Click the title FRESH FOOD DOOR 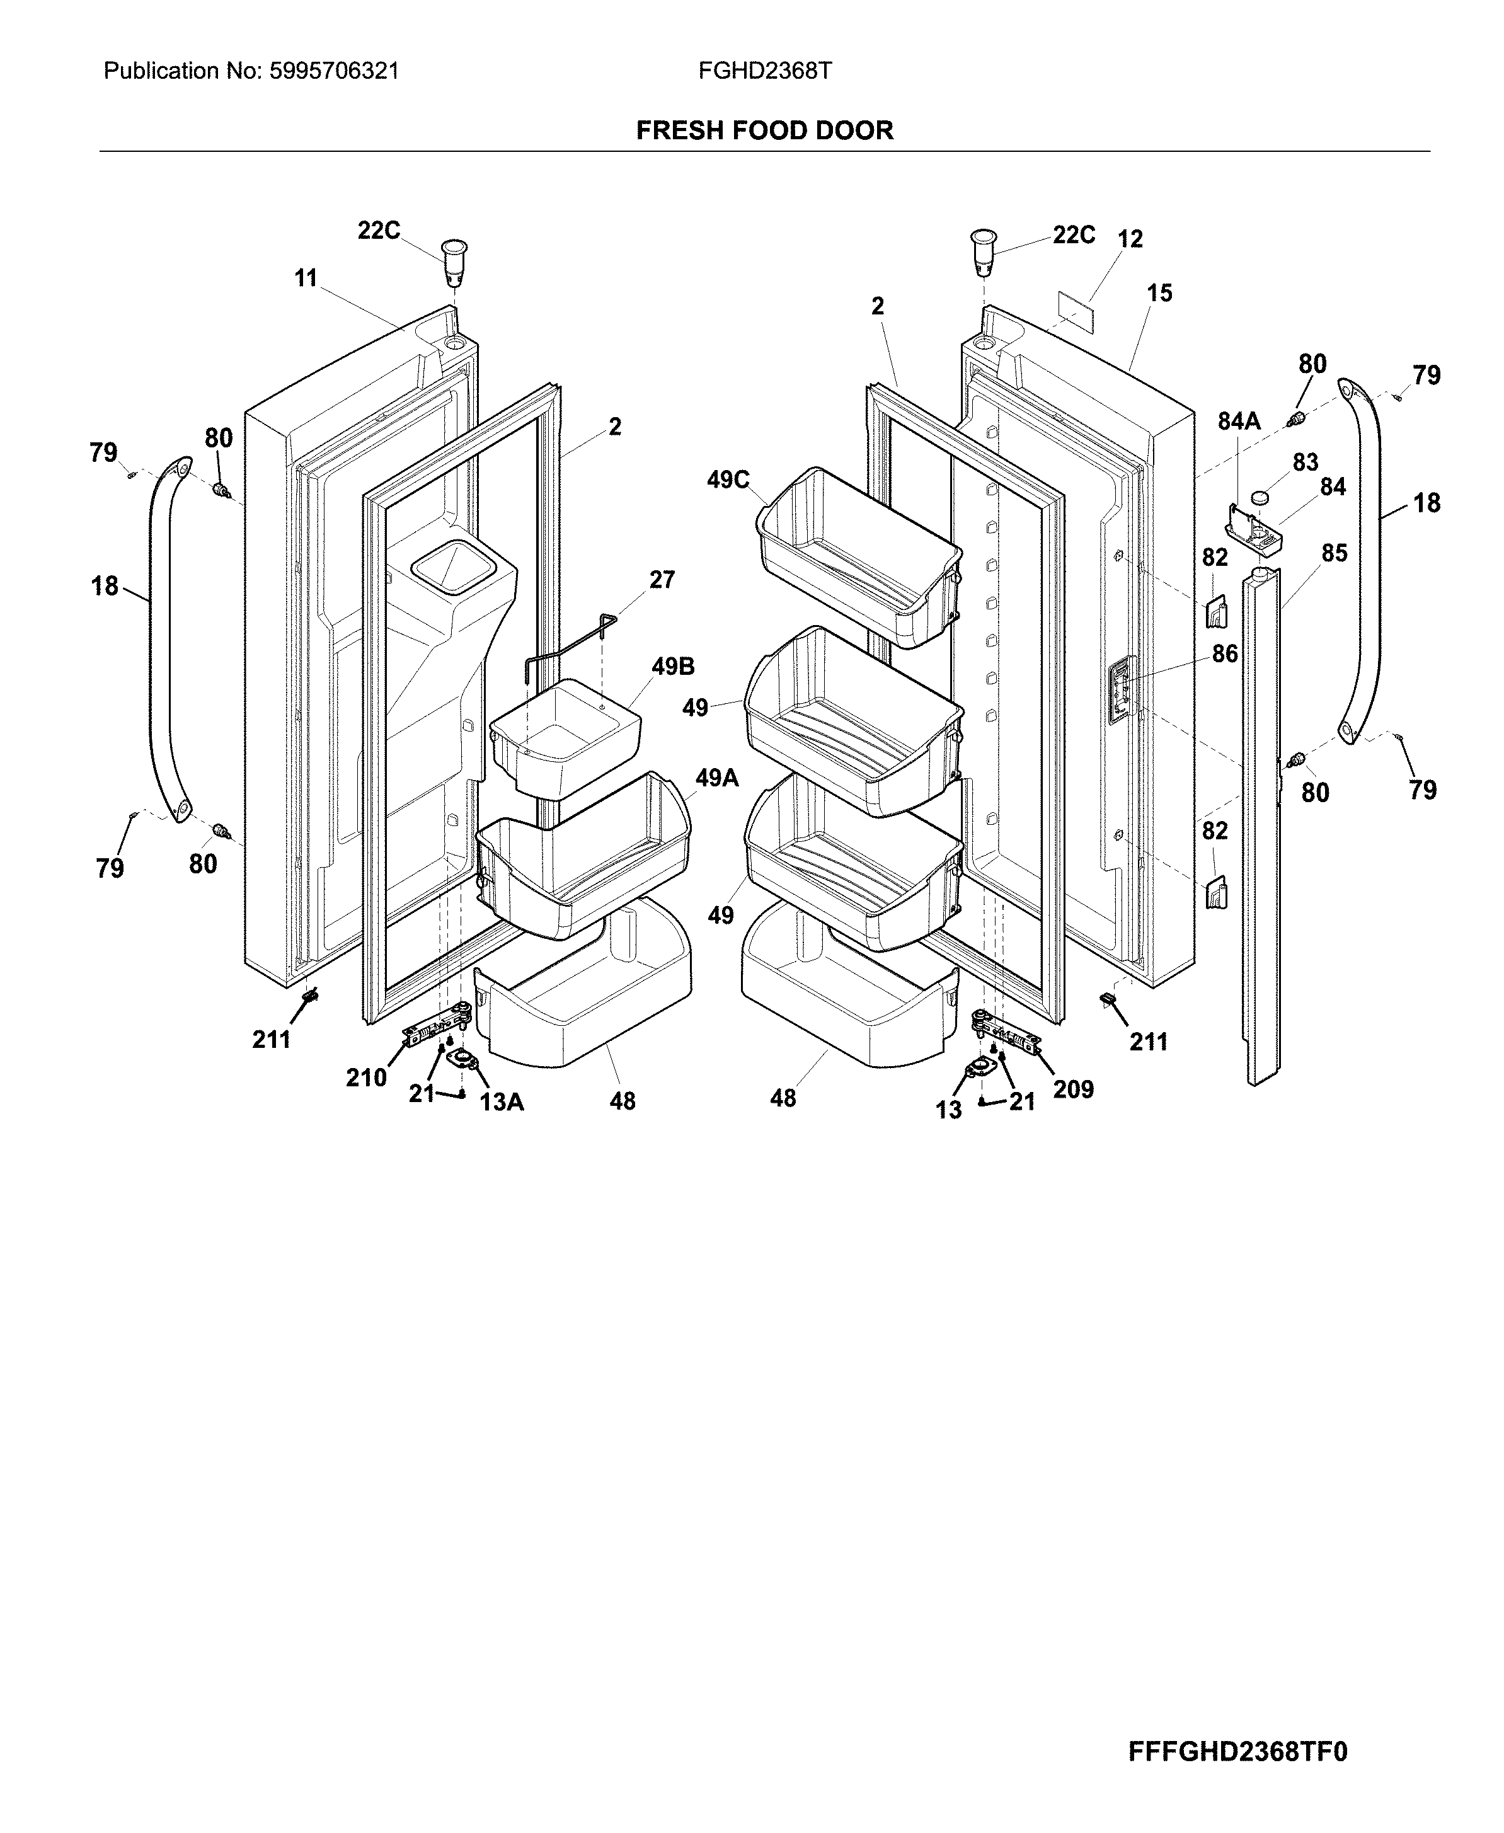[x=764, y=131]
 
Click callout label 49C [x=728, y=480]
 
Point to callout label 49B [x=673, y=667]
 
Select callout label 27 [x=662, y=580]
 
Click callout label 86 [x=1224, y=654]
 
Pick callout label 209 [x=1074, y=1089]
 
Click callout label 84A [x=1239, y=422]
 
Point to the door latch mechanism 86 [x=1121, y=689]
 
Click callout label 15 [x=1159, y=293]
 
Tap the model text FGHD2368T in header [x=765, y=71]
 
